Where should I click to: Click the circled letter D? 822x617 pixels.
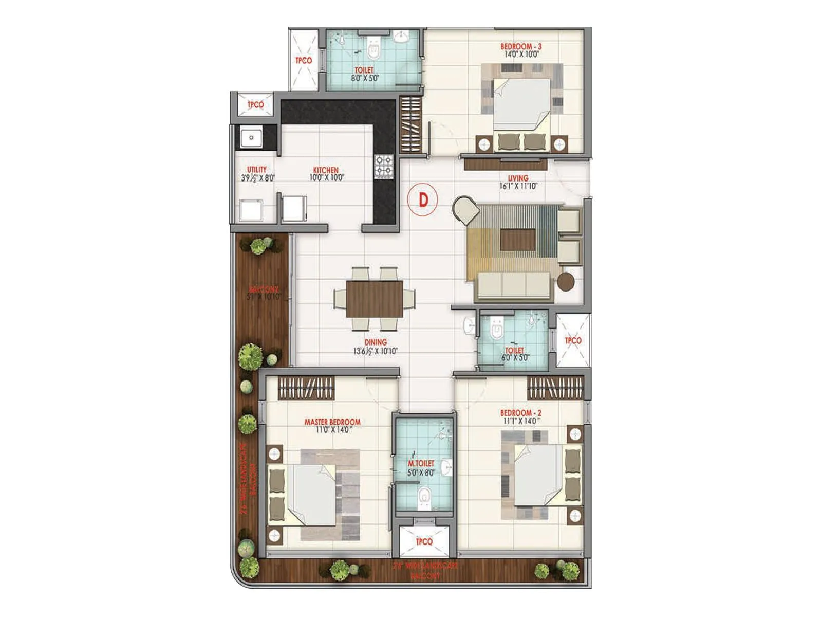423,199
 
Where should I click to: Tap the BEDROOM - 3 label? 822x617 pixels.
521,46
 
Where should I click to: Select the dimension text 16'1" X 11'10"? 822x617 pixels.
518,186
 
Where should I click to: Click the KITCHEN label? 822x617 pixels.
326,170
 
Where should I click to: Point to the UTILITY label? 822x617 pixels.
257,169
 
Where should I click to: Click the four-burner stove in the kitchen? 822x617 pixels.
383,167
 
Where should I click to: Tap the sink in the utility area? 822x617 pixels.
251,137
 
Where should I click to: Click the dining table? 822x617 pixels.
374,299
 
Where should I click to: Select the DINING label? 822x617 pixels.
376,342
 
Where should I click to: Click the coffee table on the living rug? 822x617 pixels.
518,240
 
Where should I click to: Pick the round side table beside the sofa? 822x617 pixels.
566,282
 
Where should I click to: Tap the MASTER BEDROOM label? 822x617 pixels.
332,422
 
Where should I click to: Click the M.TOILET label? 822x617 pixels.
421,463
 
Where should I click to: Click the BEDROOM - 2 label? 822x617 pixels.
520,412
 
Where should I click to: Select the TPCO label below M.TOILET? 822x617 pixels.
424,541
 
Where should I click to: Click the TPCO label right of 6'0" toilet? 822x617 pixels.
573,340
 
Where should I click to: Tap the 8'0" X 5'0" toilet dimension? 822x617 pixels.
364,79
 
